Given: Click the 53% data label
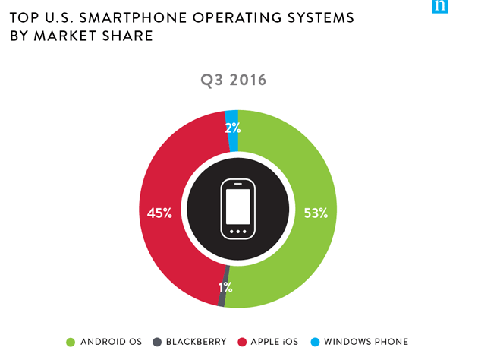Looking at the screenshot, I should pyautogui.click(x=315, y=213).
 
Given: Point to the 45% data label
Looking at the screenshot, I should pyautogui.click(x=159, y=213).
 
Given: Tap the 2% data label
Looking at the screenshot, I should pyautogui.click(x=233, y=128).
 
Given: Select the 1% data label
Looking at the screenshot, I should pyautogui.click(x=225, y=287).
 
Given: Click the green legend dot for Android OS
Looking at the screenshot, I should pyautogui.click(x=71, y=342).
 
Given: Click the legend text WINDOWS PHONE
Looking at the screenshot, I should pyautogui.click(x=366, y=342).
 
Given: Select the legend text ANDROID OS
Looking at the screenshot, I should pyautogui.click(x=108, y=342).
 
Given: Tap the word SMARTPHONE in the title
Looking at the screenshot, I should pyautogui.click(x=138, y=17).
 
